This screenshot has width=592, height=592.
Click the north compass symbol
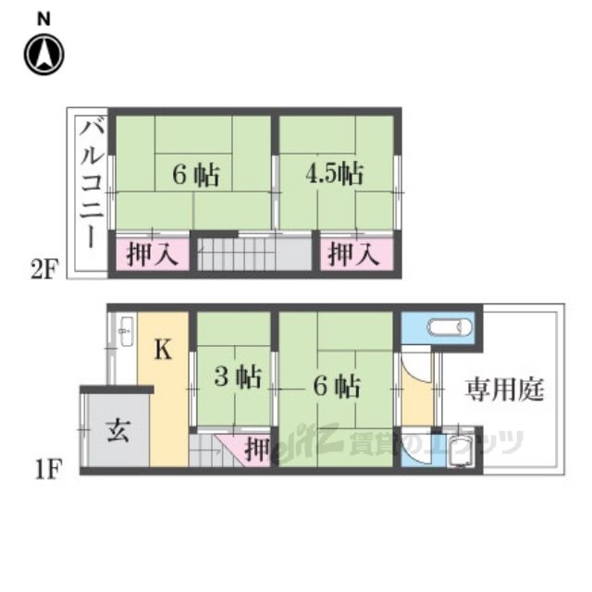pyautogui.click(x=44, y=55)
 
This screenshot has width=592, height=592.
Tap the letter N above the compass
pyautogui.click(x=43, y=19)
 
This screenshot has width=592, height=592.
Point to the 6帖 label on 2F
pyautogui.click(x=196, y=175)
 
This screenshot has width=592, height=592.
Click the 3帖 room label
pyautogui.click(x=238, y=376)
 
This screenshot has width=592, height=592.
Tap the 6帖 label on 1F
pyautogui.click(x=337, y=386)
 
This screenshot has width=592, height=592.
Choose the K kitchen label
pyautogui.click(x=164, y=350)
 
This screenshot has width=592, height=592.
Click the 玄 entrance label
pyautogui.click(x=117, y=430)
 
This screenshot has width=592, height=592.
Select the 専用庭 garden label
pyautogui.click(x=504, y=389)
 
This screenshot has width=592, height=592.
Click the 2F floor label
pyautogui.click(x=44, y=269)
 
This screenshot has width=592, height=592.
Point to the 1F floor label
pyautogui.click(x=48, y=469)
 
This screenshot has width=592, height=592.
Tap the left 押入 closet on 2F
pyautogui.click(x=152, y=253)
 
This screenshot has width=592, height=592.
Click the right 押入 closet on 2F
pyautogui.click(x=357, y=253)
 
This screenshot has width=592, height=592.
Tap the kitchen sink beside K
pyautogui.click(x=126, y=331)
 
